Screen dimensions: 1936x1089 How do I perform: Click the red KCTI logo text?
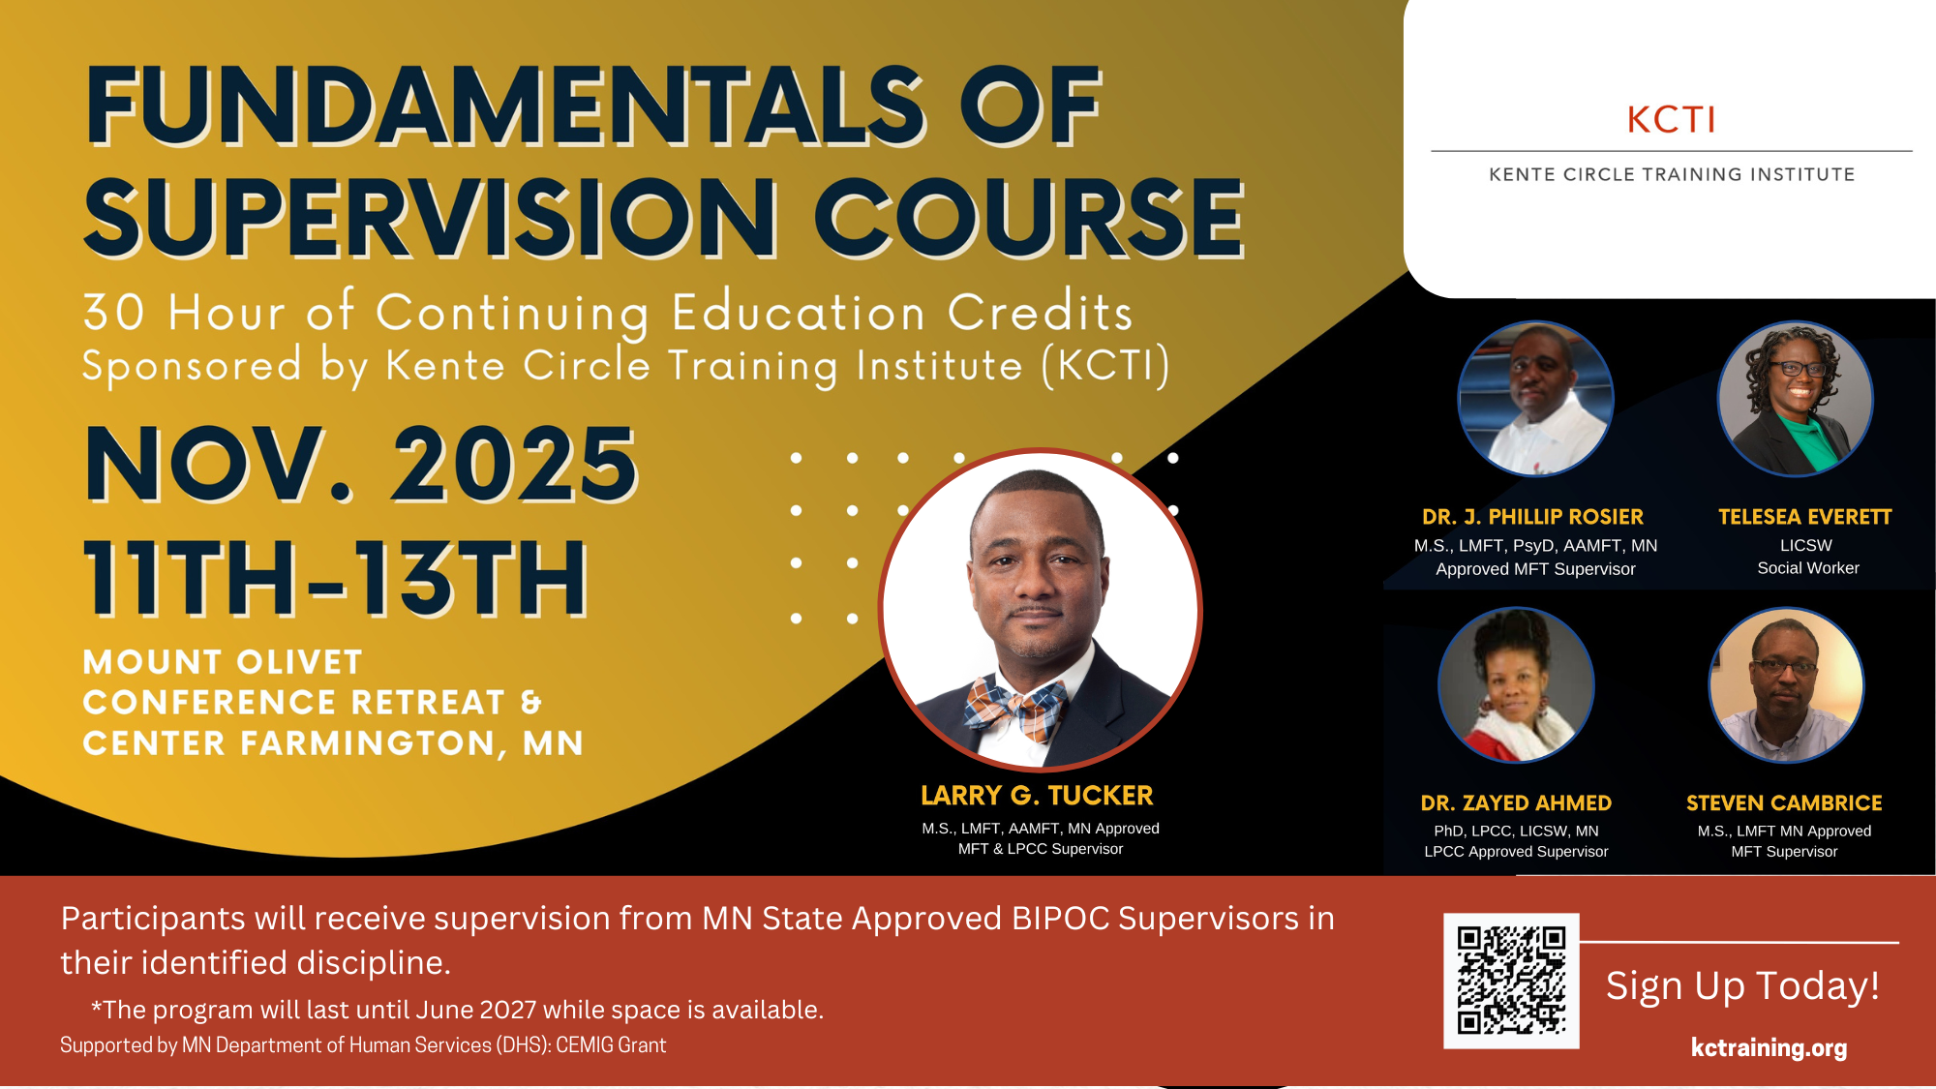coord(1671,120)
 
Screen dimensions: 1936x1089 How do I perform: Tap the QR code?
coord(1511,981)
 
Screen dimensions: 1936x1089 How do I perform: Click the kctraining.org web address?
coord(1769,1047)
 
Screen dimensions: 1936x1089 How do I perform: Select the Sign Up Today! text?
coord(1742,985)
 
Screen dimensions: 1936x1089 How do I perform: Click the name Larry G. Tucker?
coord(1037,796)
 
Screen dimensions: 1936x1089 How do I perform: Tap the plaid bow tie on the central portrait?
coord(1015,707)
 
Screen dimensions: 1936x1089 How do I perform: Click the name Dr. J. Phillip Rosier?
coord(1532,517)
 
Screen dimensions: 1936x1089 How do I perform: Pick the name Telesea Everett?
coord(1804,517)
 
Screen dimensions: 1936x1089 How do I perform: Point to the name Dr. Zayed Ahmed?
coord(1516,803)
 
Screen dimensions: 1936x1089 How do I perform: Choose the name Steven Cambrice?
coord(1784,803)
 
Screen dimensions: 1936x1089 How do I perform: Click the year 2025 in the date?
coord(514,466)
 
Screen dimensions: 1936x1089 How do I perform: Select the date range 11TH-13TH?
coord(336,579)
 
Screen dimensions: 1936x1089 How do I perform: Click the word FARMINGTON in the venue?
coord(374,743)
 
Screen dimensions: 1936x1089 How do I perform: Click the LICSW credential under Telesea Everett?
coord(1806,545)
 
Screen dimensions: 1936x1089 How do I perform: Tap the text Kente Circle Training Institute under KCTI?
coord(1672,175)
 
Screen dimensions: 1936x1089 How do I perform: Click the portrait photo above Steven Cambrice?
coord(1786,685)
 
